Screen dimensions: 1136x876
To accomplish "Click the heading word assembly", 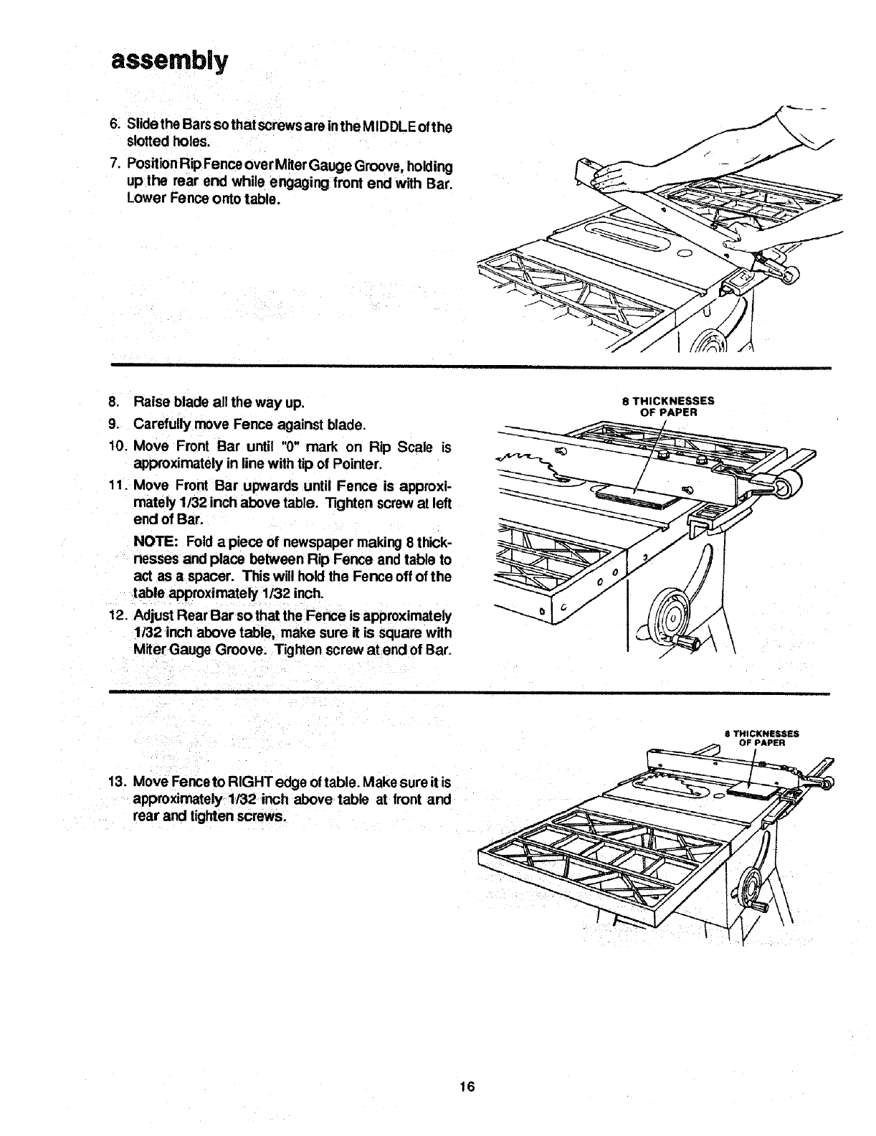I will [168, 60].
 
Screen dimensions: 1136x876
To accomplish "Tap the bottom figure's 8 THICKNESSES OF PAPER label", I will [761, 738].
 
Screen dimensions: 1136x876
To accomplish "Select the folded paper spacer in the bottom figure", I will [751, 790].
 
